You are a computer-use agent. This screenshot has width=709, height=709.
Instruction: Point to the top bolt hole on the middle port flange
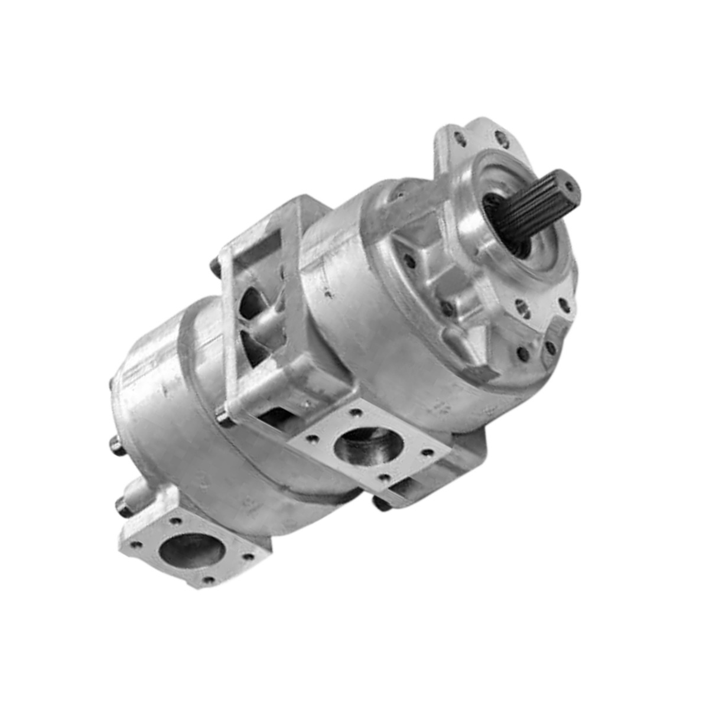(x=356, y=412)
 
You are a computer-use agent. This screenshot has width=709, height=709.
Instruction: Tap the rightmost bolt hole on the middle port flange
(x=428, y=453)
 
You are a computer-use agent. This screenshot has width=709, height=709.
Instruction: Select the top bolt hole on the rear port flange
(x=175, y=522)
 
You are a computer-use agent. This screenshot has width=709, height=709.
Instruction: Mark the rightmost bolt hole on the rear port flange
(x=249, y=556)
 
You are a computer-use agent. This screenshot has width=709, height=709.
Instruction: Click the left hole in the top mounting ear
(x=460, y=140)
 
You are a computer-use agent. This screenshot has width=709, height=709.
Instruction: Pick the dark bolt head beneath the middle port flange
(x=381, y=503)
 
